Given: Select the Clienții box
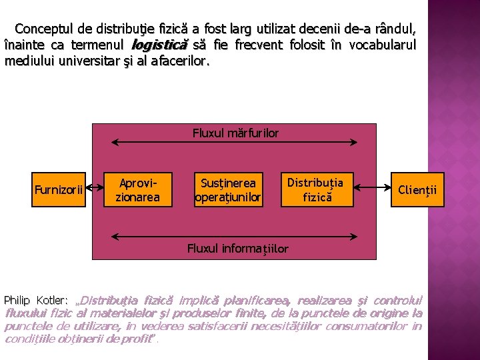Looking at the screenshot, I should [417, 190].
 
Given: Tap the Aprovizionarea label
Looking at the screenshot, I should [138, 189].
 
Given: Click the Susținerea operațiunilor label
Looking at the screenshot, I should [228, 189].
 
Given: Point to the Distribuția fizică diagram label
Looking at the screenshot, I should [315, 189].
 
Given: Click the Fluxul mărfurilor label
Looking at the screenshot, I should [235, 133].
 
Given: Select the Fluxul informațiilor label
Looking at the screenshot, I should [238, 249].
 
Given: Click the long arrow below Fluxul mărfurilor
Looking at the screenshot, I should [235, 142].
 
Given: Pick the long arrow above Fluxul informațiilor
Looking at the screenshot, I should [235, 235].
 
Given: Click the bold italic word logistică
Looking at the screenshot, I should [160, 45].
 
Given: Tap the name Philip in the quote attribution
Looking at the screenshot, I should [18, 300].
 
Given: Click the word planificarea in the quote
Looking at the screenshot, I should [261, 300].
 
